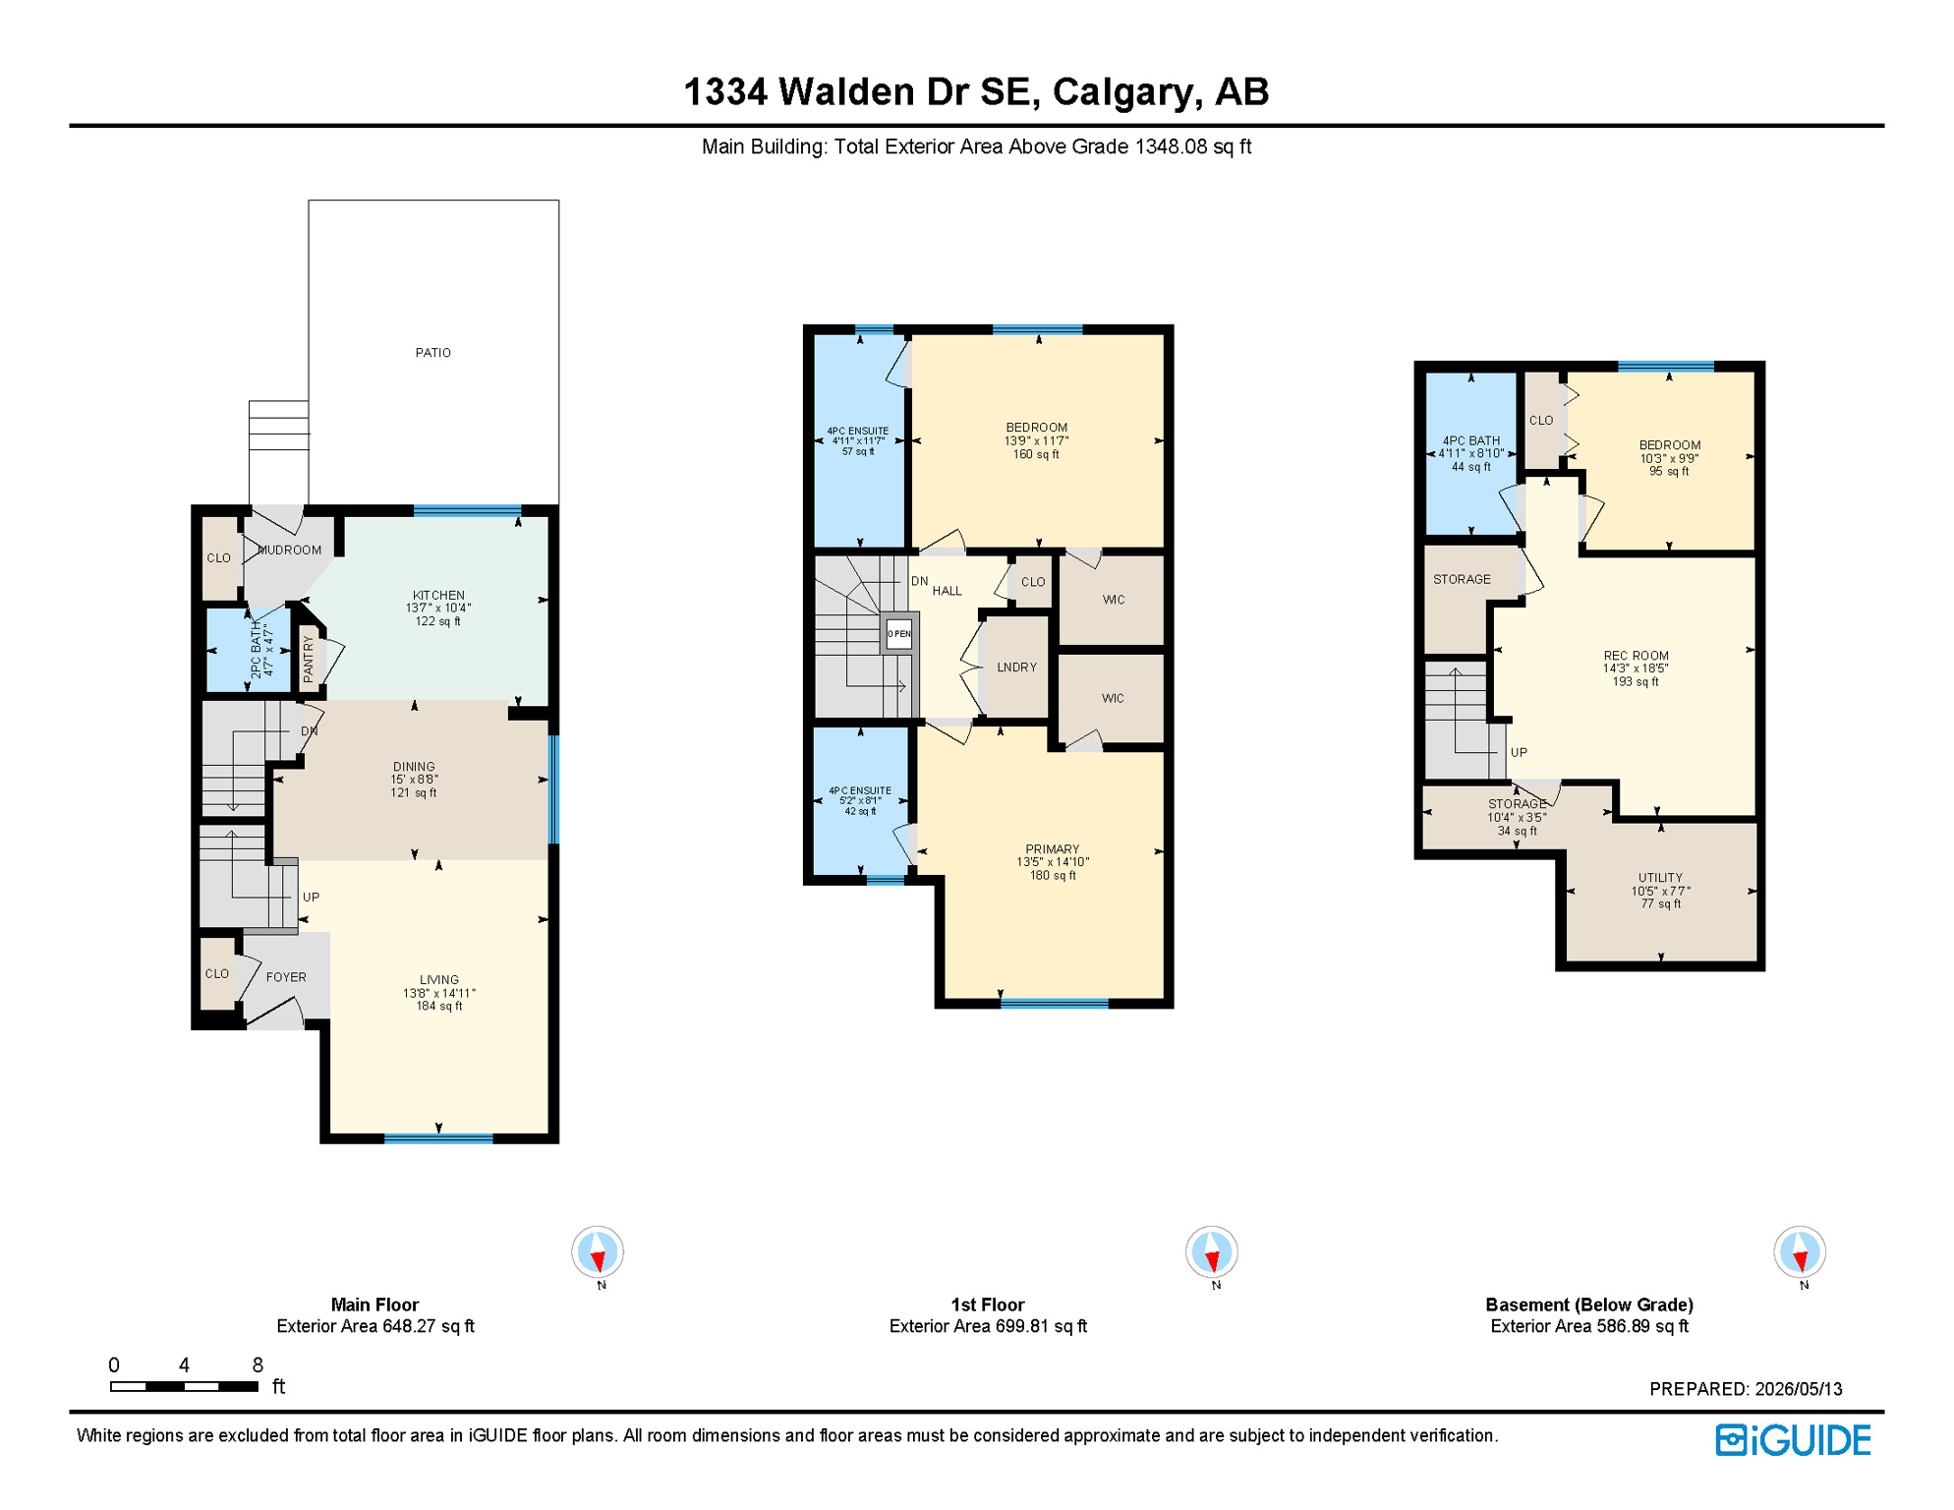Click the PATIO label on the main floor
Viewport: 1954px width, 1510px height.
tap(432, 353)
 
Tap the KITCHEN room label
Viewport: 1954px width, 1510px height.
tap(438, 596)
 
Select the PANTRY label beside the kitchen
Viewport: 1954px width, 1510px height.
tap(309, 659)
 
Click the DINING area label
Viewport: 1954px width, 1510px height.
tap(414, 767)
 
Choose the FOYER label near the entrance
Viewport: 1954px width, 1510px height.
tap(286, 977)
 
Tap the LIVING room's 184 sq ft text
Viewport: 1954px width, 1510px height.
tap(439, 1006)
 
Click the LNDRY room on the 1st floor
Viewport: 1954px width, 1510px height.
tap(1016, 668)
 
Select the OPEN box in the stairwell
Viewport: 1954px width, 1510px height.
tap(898, 634)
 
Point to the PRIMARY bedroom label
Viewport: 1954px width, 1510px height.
tap(1053, 849)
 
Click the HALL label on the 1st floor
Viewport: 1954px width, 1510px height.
tap(948, 591)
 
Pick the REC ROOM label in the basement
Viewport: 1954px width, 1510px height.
tap(1636, 656)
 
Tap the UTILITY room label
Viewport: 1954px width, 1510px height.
tap(1660, 878)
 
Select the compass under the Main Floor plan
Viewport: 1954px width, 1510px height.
tap(598, 1252)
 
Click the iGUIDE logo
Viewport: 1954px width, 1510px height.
tap(1793, 1440)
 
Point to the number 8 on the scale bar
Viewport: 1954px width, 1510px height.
tap(258, 1365)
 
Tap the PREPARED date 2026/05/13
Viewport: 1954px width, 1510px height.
tap(1799, 1389)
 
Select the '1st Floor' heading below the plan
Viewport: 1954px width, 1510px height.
tap(988, 1305)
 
